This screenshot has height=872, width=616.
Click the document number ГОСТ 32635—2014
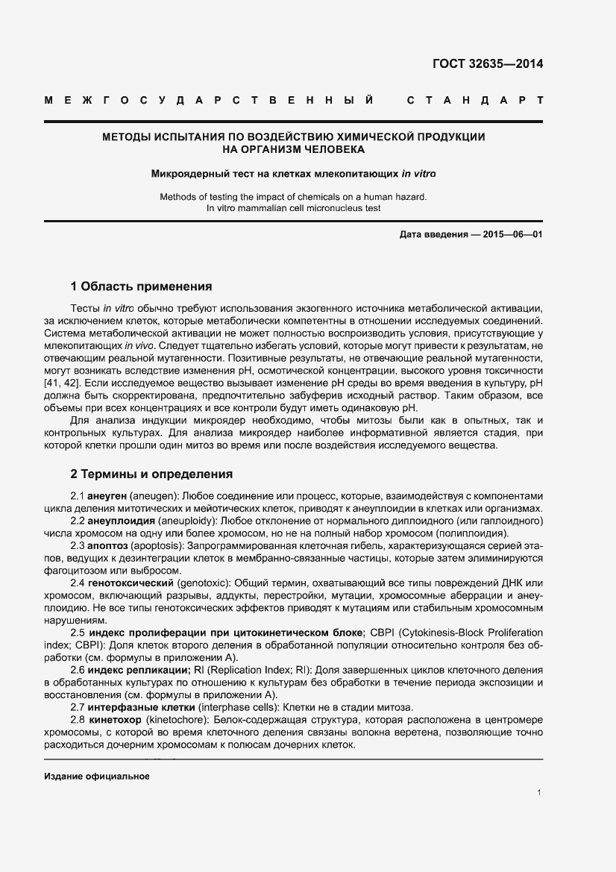tap(488, 63)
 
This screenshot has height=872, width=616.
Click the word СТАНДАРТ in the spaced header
tap(474, 100)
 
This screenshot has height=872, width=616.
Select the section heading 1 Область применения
tap(141, 286)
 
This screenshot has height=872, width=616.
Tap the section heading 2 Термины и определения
tap(151, 474)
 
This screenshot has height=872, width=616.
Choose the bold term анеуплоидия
tap(122, 520)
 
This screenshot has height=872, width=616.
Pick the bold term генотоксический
tap(131, 582)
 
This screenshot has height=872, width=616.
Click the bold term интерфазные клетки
tap(133, 706)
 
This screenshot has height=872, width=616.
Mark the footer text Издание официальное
tap(97, 776)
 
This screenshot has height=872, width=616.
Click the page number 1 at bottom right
tap(538, 793)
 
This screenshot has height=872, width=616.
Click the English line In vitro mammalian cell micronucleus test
tap(293, 208)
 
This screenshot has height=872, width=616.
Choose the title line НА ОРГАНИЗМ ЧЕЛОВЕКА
tap(293, 149)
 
